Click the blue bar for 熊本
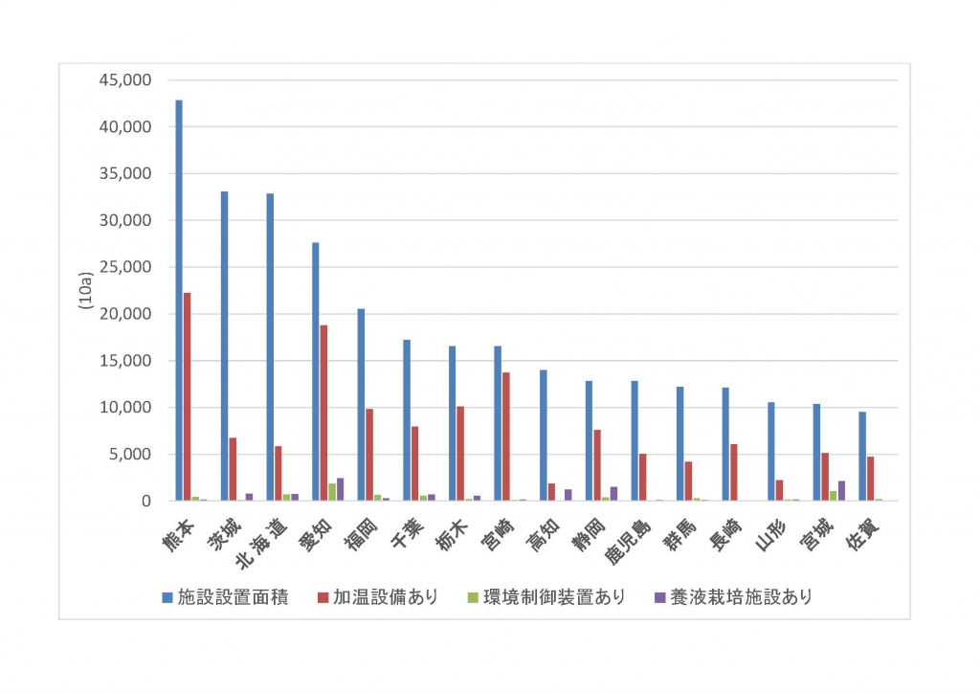(179, 301)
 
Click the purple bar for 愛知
(340, 489)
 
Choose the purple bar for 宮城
(841, 491)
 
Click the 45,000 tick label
(125, 80)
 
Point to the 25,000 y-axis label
(125, 267)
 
